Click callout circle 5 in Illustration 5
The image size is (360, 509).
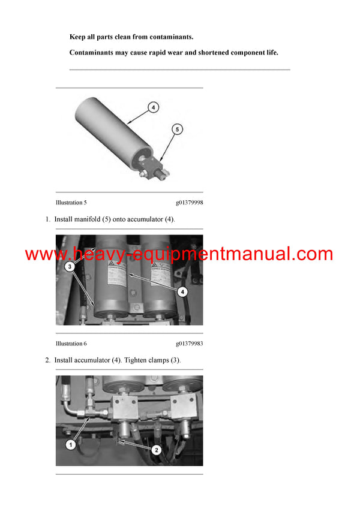177,128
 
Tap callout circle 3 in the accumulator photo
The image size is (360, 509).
70,266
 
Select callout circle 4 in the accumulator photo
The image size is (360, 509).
182,291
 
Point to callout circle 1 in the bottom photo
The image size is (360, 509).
70,445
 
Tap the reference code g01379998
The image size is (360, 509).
189,203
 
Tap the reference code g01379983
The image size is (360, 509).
189,344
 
